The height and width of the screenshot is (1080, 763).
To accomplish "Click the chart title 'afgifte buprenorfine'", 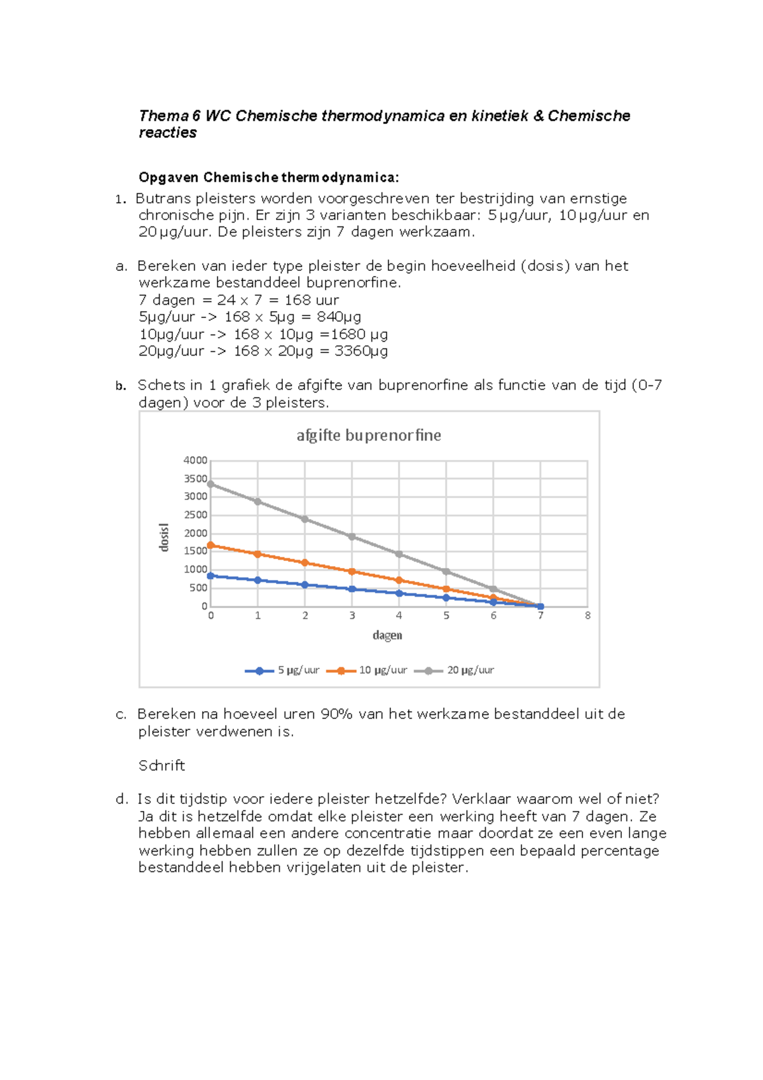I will pos(368,435).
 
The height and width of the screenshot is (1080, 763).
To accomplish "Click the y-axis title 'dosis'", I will pos(164,537).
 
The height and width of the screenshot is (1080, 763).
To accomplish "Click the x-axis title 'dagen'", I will pos(387,635).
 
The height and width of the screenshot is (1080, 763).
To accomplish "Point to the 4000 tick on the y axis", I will pos(196,460).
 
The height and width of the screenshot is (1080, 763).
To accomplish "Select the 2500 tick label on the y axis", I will pos(196,515).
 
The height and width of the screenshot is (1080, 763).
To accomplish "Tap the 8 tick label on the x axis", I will pos(588,615).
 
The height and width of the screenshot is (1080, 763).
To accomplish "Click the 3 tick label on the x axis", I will pos(352,615).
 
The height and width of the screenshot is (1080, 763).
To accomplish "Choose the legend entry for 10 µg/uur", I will pos(367,670).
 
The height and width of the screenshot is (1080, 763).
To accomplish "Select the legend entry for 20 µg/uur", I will pos(455,670).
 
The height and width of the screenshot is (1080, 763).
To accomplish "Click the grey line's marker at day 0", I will pos(211,484).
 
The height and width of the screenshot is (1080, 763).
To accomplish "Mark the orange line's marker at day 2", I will pos(305,563).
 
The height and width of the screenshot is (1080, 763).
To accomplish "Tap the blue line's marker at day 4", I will pos(399,593).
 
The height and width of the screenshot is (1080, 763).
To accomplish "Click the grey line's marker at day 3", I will pos(352,537).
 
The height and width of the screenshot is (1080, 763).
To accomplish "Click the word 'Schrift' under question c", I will pos(162,765).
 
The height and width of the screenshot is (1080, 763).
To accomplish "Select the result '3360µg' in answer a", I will pos(361,351).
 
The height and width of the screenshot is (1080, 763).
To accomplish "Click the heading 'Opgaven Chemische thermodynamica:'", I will pos(268,177).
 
